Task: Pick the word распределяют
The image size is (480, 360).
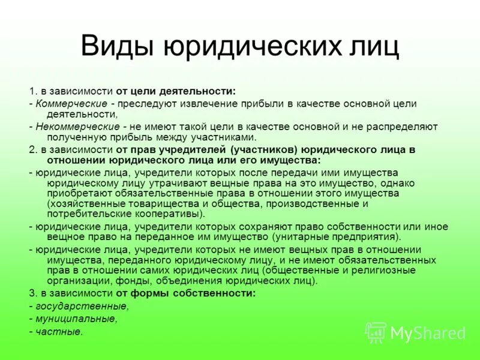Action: pyautogui.click(x=401, y=127)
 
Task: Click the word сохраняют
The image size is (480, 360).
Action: pyautogui.click(x=288, y=226)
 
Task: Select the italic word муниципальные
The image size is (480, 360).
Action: pyautogui.click(x=76, y=319)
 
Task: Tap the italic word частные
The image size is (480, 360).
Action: pyautogui.click(x=59, y=331)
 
